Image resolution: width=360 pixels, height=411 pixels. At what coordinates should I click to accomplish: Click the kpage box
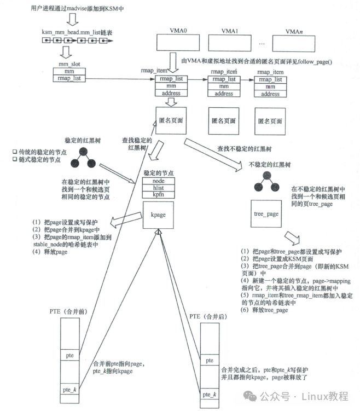point(158,215)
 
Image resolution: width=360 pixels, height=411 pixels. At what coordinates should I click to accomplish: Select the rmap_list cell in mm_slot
point(69,78)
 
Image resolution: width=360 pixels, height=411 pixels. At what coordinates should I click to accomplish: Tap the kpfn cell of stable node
point(158,194)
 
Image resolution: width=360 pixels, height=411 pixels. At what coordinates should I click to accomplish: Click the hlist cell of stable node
point(158,188)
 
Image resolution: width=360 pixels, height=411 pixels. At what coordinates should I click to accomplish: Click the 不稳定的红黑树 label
point(266,164)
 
